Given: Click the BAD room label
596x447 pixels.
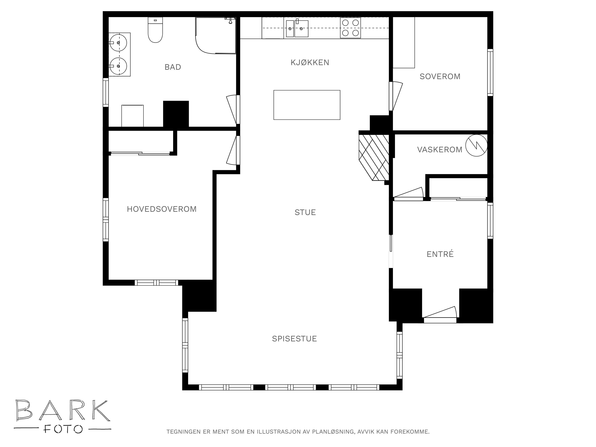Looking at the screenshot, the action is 173,67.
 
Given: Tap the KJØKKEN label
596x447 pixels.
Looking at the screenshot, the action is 310,63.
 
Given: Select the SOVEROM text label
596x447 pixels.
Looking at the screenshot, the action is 440,77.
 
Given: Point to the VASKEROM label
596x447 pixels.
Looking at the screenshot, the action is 440,149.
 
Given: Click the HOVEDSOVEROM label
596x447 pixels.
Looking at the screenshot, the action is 162,209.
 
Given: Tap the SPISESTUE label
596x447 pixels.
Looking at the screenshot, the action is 294,339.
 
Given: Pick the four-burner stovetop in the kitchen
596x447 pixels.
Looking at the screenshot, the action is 350,28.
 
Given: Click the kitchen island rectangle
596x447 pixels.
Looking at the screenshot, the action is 307,105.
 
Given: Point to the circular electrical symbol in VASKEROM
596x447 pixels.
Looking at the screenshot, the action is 476,145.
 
